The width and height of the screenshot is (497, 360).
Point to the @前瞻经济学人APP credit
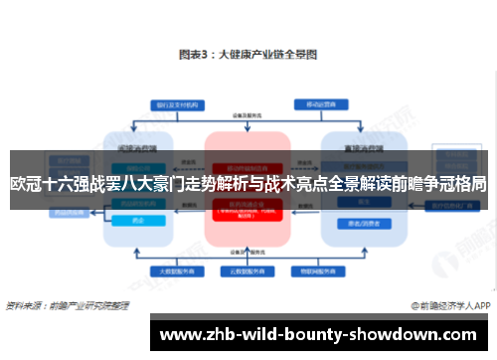tap(449, 304)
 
